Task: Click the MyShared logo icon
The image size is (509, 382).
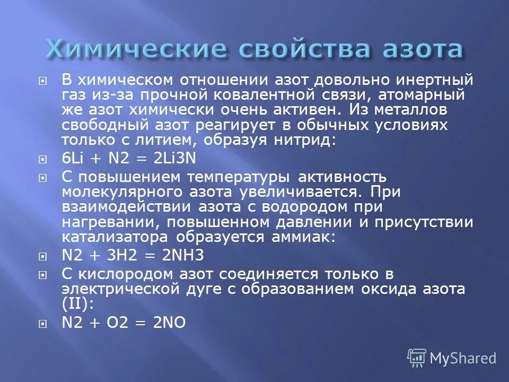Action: click(417, 359)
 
